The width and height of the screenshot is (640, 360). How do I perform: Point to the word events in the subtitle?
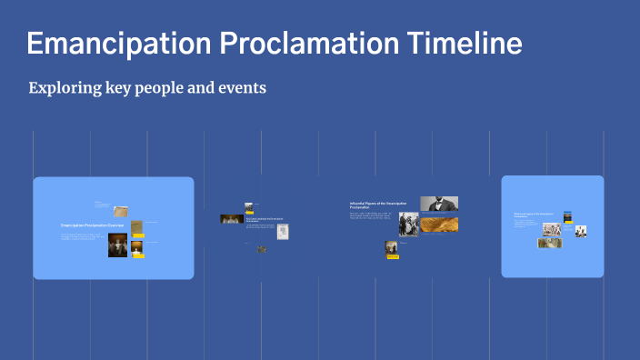pos(240,89)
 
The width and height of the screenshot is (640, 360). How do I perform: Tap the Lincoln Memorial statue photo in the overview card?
pos(118,245)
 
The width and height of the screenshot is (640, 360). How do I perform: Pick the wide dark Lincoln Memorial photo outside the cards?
pos(231,219)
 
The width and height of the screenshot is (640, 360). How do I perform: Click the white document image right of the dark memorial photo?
pos(284,232)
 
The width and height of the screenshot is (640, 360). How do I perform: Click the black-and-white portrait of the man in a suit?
pos(439,204)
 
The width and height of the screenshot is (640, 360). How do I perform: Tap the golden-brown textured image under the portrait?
pos(438,224)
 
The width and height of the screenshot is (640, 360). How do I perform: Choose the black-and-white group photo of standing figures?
pos(408,225)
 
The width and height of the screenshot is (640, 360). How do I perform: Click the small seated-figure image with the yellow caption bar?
pos(392,247)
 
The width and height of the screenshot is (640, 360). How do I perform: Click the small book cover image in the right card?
pos(567,216)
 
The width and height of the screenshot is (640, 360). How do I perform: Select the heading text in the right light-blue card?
pos(534,216)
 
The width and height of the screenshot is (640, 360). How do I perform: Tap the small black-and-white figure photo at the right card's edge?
pos(581,231)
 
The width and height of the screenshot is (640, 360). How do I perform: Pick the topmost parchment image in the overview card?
pos(136,226)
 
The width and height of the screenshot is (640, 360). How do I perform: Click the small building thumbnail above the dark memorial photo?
pos(248,207)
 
